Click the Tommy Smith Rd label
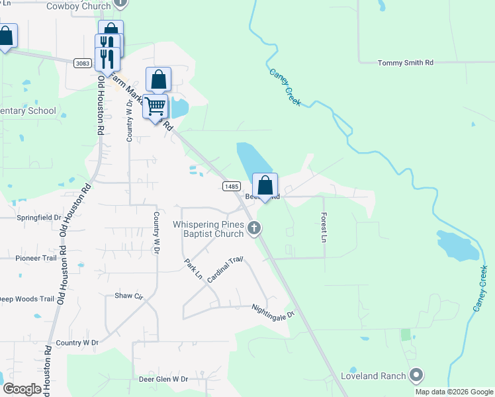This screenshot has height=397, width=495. coord(405,63)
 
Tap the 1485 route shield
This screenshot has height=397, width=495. coord(231,187)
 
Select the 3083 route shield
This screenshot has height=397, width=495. coord(83,62)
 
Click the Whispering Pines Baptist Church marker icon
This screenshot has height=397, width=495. coord(254,229)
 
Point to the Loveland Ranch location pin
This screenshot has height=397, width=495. coord(416,376)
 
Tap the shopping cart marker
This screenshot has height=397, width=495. coord(156,107)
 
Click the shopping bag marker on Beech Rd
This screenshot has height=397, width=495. coord(265,186)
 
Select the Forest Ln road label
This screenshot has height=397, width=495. coord(324,226)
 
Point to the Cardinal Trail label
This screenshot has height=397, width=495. coord(225,270)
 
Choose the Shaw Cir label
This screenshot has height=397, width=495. coord(129,296)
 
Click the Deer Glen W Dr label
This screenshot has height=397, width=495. coord(163,380)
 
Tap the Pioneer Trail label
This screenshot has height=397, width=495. coord(37,258)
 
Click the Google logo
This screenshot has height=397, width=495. coord(22,389)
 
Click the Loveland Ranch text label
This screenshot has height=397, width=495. coord(373,376)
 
